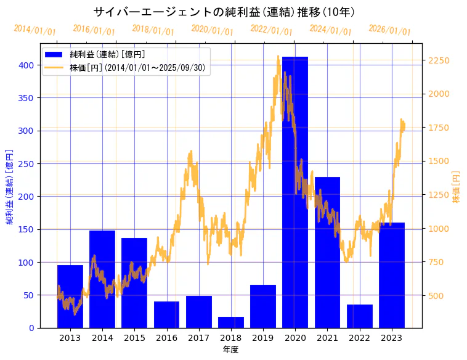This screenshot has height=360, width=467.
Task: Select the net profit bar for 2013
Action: click(x=70, y=297)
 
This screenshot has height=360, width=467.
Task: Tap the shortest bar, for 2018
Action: click(x=231, y=322)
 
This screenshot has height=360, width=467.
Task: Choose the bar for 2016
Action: click(x=166, y=314)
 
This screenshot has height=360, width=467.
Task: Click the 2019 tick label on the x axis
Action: click(x=263, y=338)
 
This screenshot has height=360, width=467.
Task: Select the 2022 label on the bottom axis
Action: click(x=359, y=338)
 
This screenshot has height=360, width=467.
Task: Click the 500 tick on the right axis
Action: click(x=436, y=296)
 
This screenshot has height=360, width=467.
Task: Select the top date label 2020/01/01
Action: click(x=212, y=30)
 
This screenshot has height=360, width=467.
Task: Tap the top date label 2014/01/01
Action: click(x=35, y=30)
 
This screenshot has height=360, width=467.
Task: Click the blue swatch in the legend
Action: click(x=54, y=55)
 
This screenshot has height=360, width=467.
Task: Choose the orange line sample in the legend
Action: click(x=54, y=68)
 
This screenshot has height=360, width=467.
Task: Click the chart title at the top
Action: click(x=224, y=12)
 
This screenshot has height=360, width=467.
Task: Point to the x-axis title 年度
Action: click(x=230, y=350)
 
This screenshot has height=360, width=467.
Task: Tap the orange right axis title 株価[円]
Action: click(x=456, y=187)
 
